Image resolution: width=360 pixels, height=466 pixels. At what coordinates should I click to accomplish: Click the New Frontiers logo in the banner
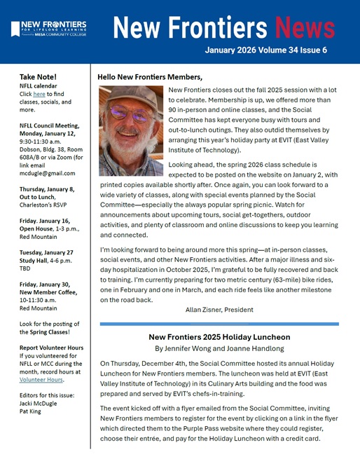pos(48,28)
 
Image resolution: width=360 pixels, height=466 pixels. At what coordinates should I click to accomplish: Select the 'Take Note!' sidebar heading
pos(38,76)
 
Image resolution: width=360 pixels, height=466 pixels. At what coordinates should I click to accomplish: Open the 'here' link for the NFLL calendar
pos(39,94)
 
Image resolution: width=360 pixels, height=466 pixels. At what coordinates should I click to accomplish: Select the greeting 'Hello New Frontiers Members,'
pos(150,76)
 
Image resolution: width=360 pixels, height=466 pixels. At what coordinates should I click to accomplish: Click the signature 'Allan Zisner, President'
pos(218,310)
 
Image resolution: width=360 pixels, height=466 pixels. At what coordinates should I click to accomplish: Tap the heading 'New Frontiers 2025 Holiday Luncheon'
pos(219,336)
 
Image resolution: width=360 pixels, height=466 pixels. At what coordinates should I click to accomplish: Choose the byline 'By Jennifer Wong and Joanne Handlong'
pos(219,348)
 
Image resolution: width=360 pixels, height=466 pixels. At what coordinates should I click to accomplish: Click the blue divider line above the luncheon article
pos(219,324)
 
